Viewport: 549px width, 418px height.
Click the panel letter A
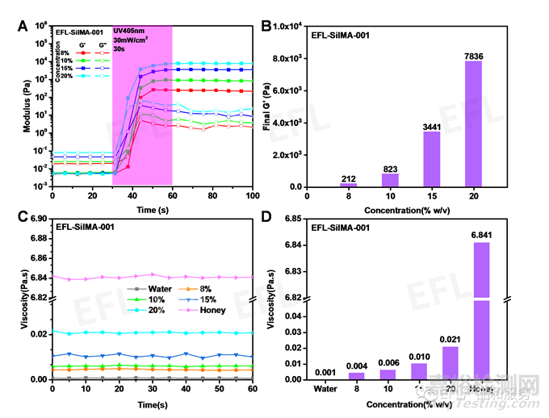pos(23,24)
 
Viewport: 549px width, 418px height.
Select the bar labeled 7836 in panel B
pos(474,123)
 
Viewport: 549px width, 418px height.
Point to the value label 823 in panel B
pos(390,168)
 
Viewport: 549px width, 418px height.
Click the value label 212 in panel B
pos(348,178)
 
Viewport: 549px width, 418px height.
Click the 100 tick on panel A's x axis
pos(252,196)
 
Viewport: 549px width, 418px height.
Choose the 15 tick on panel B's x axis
pos(432,197)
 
